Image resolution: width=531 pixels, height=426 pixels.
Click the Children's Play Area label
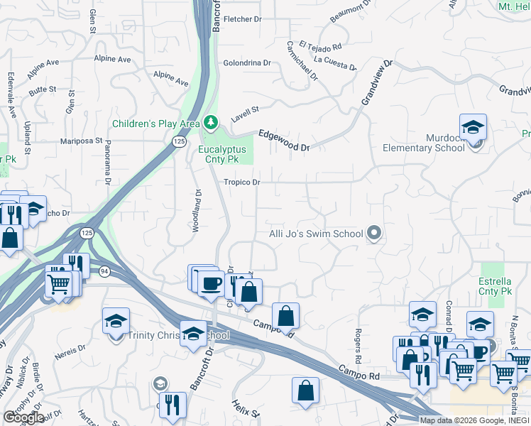155,124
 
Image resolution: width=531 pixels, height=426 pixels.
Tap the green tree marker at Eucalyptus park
210,124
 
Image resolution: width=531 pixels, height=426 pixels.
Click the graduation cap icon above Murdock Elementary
473,129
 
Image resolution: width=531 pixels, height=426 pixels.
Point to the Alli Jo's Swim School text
316,234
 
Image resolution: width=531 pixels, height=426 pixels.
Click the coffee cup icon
210,283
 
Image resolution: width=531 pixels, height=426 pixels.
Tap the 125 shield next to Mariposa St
178,142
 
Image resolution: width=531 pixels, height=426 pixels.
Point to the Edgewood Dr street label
284,140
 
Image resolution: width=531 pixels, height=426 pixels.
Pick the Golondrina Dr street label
247,62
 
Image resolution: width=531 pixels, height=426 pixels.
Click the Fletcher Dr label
243,19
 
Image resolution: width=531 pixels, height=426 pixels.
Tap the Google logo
23,417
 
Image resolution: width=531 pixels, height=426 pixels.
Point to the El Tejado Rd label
320,46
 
